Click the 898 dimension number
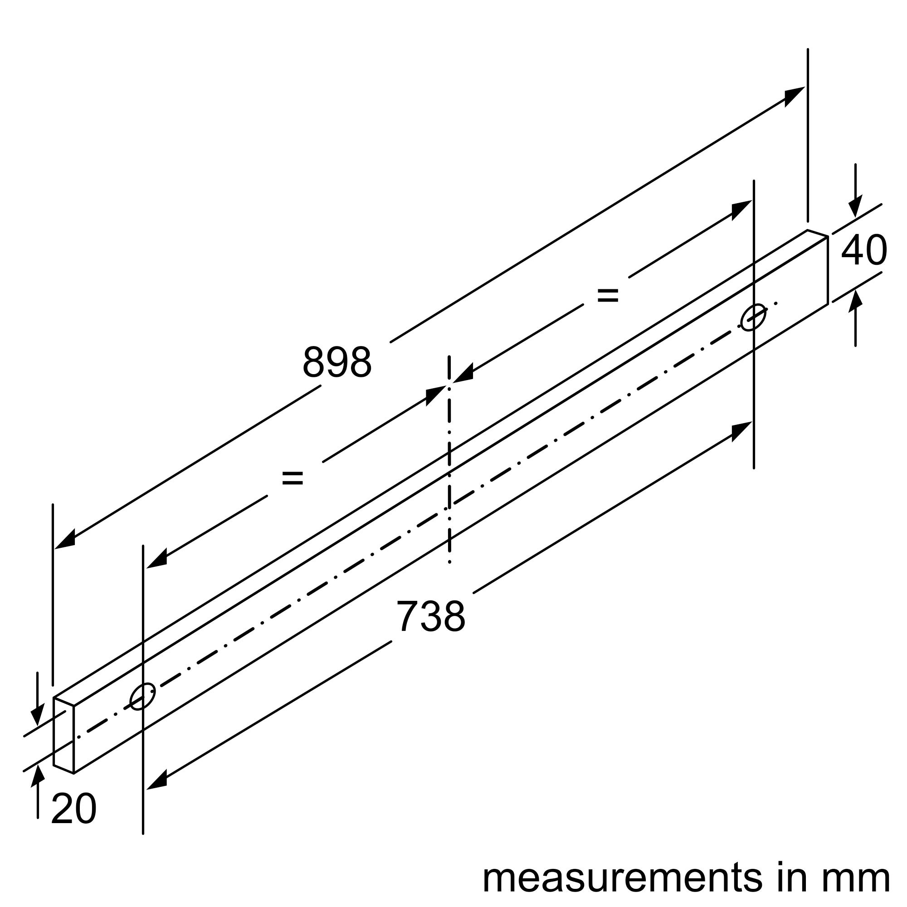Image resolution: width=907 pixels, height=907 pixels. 336,362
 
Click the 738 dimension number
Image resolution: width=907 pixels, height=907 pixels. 430,616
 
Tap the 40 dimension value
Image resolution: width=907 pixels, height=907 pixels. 864,251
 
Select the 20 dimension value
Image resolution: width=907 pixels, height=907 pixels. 74,809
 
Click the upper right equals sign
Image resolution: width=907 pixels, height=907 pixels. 608,295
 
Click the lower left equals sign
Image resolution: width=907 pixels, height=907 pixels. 293,478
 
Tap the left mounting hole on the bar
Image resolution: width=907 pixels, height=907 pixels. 142,696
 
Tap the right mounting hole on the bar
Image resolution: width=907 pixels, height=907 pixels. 753,318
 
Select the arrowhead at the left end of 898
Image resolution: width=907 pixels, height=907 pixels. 65,540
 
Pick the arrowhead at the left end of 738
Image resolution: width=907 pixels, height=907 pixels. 157,780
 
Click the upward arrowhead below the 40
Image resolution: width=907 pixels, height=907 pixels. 855,301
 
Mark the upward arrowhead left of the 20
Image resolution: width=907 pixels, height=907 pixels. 38,775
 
